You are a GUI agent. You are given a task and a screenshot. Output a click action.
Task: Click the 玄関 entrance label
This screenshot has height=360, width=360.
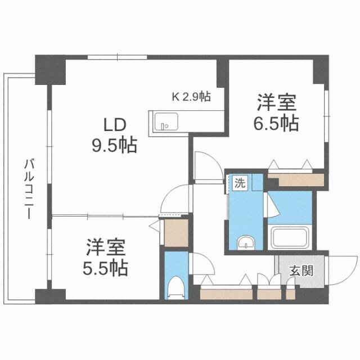(x=300, y=271)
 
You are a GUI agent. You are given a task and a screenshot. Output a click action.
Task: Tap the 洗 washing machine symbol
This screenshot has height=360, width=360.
(x=240, y=183)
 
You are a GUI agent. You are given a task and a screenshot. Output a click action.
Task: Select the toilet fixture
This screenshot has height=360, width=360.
(x=175, y=287)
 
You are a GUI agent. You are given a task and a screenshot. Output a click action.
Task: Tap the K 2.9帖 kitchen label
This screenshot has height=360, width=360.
(x=191, y=96)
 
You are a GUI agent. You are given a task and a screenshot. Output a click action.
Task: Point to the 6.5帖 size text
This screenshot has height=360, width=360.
(x=275, y=123)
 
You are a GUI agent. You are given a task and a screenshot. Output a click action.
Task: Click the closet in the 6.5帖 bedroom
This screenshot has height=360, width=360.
(x=296, y=181)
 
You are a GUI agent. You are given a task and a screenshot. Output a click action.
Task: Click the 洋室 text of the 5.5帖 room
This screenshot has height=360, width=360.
(x=106, y=246)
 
